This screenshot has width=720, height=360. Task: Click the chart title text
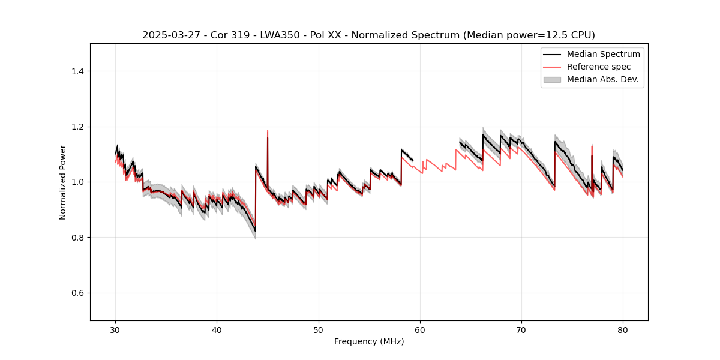pos(368,35)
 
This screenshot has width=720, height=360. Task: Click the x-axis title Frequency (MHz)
pos(369,341)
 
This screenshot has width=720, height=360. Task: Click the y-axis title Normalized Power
pos(63,182)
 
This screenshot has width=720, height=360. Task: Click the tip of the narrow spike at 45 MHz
pos(268,131)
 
